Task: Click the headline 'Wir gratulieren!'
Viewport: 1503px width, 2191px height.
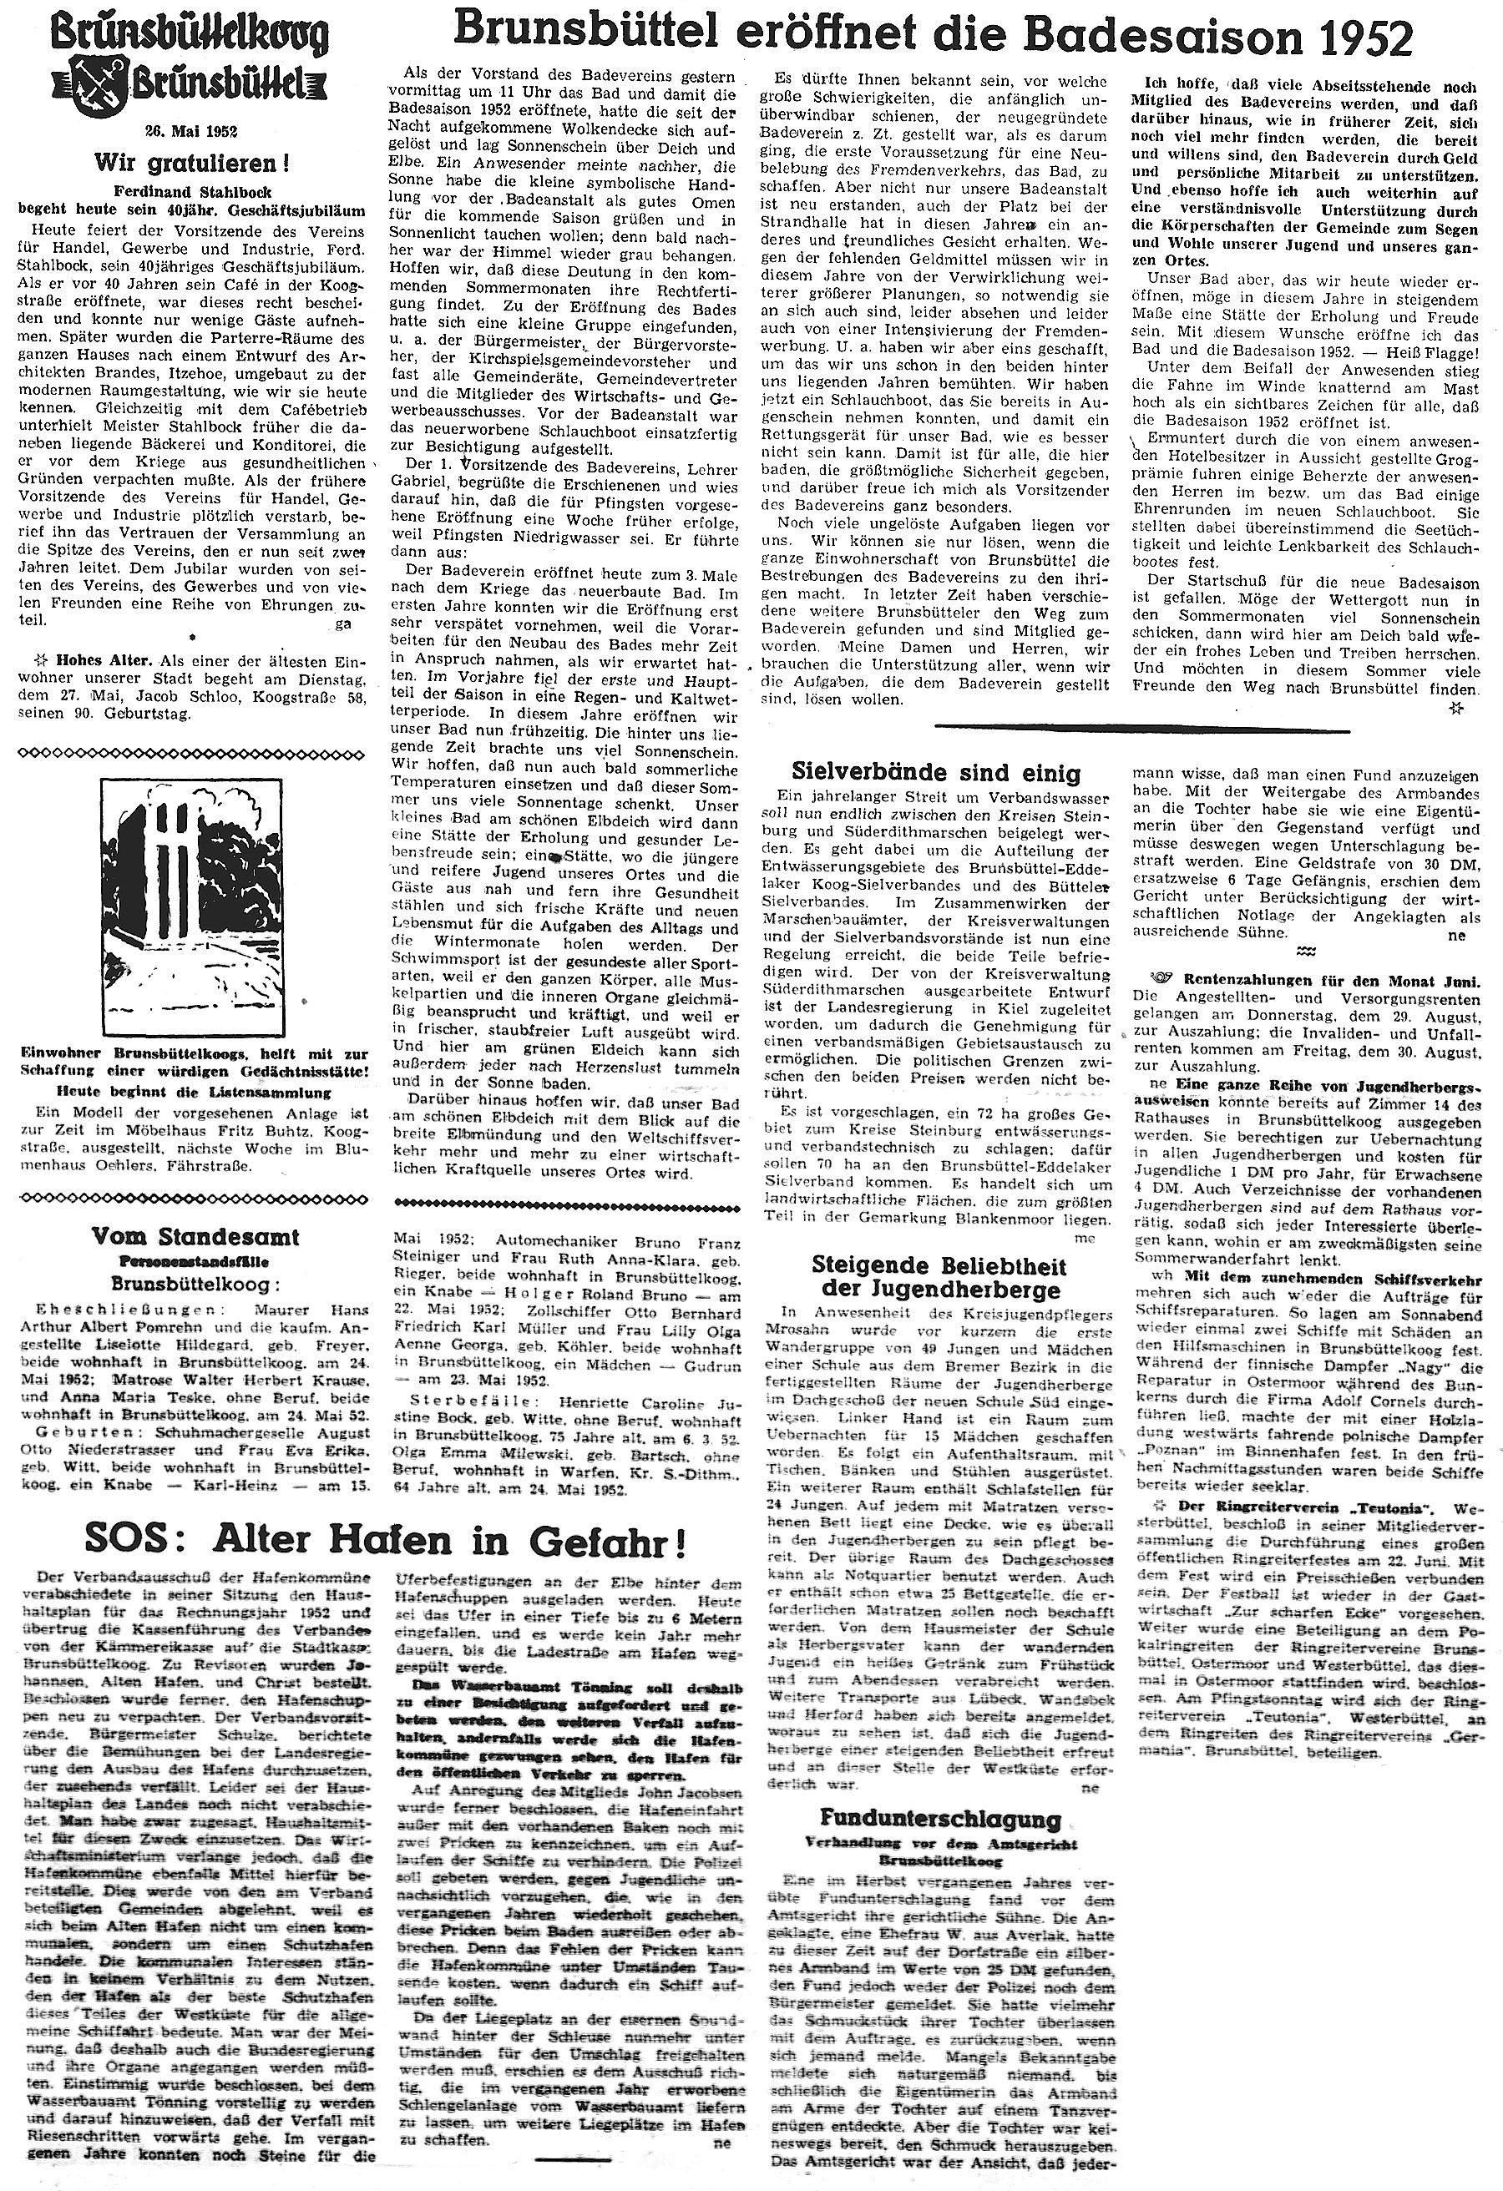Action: pos(190,162)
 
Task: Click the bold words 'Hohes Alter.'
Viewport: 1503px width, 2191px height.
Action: pos(96,661)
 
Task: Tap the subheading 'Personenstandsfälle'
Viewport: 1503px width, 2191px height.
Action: pos(190,1259)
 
